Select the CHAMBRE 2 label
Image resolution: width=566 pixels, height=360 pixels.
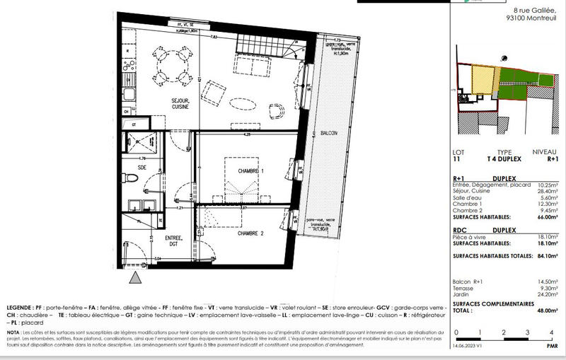[251, 233]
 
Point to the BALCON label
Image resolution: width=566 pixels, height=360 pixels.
[328, 133]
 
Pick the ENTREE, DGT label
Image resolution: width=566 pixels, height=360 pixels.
[174, 241]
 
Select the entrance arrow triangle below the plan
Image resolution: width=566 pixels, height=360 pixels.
[132, 279]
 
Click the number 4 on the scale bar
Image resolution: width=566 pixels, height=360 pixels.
[550, 332]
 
